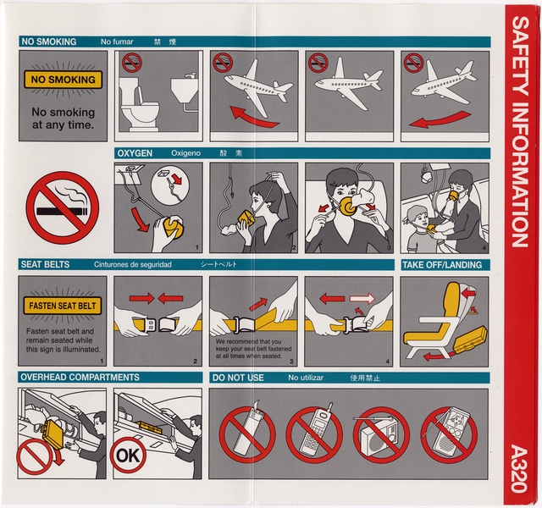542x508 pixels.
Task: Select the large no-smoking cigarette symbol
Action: point(62,206)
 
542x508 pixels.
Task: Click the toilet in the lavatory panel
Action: point(139,111)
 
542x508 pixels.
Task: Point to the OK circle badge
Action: point(125,455)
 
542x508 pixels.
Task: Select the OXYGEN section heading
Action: point(135,153)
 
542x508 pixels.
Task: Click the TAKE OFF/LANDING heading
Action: point(441,265)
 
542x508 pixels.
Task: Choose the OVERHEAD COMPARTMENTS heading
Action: point(80,377)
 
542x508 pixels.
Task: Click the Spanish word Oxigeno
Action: point(185,153)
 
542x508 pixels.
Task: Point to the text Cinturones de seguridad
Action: point(133,265)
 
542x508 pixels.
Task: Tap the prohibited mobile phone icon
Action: point(314,434)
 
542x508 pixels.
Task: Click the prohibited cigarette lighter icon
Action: point(247,434)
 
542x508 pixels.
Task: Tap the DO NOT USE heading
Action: point(239,377)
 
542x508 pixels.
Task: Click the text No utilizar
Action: point(306,377)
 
